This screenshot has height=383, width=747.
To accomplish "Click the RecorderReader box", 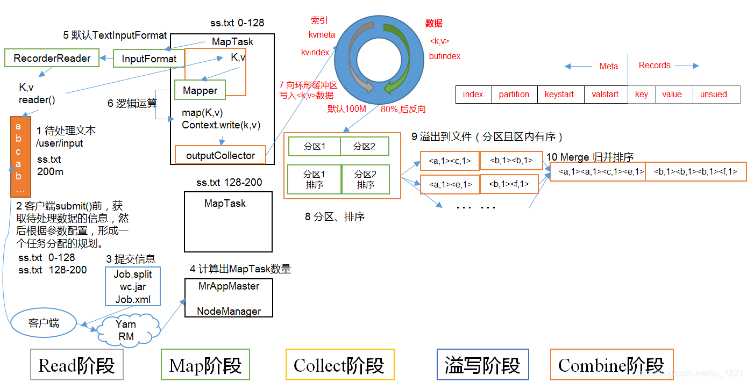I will tap(52, 59).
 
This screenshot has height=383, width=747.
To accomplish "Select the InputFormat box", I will tap(149, 59).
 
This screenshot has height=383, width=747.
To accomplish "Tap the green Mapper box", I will tap(200, 90).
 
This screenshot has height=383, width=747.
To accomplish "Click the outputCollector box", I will tap(220, 155).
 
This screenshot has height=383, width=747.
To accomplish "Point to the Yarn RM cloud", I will tap(126, 330).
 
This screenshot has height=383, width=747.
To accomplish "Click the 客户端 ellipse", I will tap(44, 323).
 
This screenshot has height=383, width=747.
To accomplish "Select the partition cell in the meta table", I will tap(514, 95).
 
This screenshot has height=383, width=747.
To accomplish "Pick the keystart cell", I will tap(559, 95).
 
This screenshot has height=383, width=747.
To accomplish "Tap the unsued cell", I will tap(713, 95).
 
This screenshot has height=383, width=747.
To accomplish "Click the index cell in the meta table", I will tap(473, 95).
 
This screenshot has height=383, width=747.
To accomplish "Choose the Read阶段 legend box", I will tap(77, 365).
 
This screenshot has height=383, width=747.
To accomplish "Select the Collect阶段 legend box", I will tap(339, 365).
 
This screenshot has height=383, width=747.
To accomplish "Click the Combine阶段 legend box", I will tap(611, 365).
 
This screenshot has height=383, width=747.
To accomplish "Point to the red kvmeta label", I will tap(322, 35).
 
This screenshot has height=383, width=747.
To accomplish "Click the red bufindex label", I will tap(445, 56).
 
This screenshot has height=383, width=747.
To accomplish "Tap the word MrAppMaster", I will tap(229, 286).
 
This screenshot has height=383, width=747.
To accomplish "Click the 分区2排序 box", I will tap(366, 179).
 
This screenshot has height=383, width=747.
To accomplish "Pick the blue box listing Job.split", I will tap(133, 287).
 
